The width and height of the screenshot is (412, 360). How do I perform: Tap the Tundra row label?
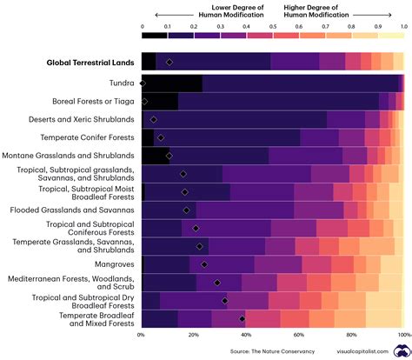tap(119, 83)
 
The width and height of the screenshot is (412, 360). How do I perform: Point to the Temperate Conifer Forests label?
tap(87, 137)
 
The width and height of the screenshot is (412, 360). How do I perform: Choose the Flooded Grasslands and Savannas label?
tap(72, 210)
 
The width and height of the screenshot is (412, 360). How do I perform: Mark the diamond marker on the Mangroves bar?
tap(204, 264)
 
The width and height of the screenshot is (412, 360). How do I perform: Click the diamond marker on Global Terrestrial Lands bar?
tap(169, 62)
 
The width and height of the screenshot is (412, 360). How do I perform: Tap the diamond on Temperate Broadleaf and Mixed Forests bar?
tap(243, 318)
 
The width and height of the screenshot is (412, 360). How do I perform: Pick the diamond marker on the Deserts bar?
tap(154, 119)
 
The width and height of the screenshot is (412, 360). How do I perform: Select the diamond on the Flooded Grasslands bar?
tap(186, 210)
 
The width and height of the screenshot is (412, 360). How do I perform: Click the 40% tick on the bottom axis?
tap(246, 334)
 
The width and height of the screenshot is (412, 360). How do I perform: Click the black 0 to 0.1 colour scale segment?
tap(155, 36)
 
